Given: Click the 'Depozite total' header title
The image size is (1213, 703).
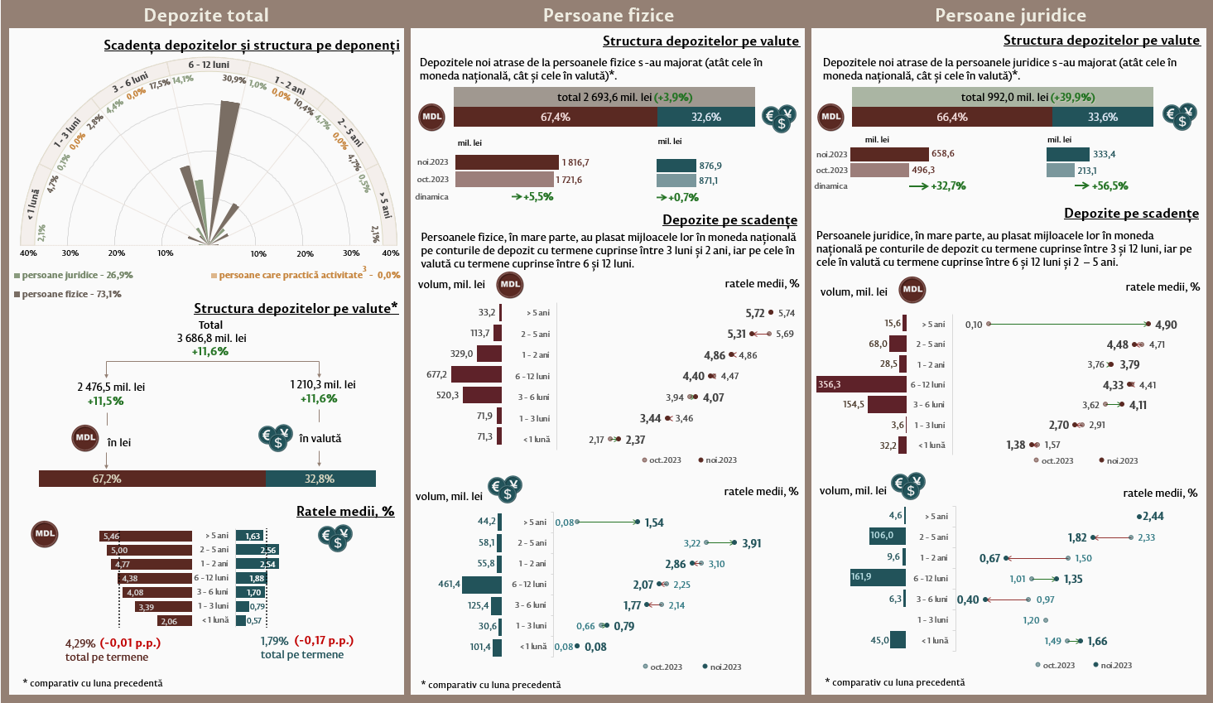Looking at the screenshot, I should coord(206,15).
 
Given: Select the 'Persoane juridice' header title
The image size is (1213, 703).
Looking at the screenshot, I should coord(1010,15).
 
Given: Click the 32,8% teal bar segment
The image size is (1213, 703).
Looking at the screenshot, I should coord(320,479).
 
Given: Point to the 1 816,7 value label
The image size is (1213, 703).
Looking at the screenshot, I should coord(575,162).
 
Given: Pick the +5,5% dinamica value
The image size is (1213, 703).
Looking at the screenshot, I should coord(537,197).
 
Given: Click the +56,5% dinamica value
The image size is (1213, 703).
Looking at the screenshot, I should coord(1110,186).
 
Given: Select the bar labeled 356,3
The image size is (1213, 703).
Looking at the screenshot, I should coord(861,384).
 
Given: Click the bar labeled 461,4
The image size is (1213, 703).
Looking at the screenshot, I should coord(481,585).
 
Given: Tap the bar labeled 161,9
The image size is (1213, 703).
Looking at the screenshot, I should coord(878,577).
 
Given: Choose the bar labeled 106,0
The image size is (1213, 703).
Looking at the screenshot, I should coord(888,536).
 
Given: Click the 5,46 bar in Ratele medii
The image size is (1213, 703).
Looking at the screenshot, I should coord(146,536).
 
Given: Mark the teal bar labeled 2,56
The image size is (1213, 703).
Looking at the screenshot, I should coord(257,550).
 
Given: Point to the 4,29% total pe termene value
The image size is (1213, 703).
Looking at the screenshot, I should coord(80,643).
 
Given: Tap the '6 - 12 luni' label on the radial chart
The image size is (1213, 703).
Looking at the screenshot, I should coord(209,65).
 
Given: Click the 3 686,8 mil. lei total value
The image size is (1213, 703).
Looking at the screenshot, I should coord(211,338).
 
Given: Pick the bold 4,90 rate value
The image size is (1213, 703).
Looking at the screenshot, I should coord(1166,325).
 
